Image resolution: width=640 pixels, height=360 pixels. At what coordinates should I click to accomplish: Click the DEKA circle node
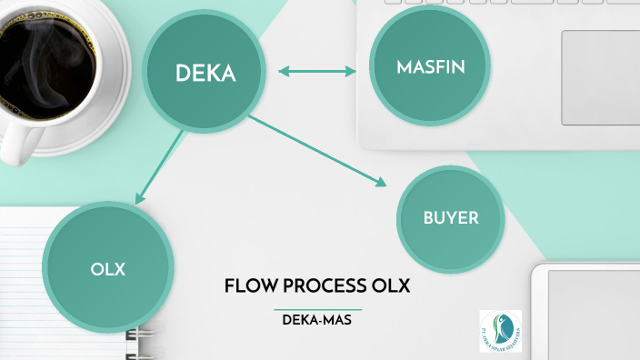coord(205,73)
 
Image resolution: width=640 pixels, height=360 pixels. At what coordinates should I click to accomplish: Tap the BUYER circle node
coord(450,218)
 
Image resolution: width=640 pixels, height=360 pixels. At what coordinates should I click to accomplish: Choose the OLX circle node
coord(107,269)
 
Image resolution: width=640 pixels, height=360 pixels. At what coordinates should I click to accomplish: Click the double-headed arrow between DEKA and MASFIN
coord(316,71)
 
